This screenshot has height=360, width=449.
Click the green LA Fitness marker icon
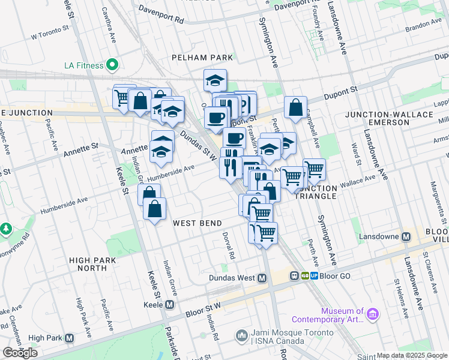[x=112, y=64]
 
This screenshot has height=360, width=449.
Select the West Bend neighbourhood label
[x=194, y=223]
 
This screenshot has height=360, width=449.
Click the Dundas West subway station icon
[x=262, y=278]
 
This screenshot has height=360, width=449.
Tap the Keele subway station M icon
[x=169, y=305]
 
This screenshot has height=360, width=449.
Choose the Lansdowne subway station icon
[x=406, y=236]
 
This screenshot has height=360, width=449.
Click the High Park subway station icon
[x=70, y=338]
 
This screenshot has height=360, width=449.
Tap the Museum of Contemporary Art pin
[x=373, y=314]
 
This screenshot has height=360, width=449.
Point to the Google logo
[x=20, y=353]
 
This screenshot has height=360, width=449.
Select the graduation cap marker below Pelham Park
[x=215, y=80]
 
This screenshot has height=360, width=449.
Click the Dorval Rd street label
[x=226, y=245]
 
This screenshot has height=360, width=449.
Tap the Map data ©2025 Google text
[x=412, y=355]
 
